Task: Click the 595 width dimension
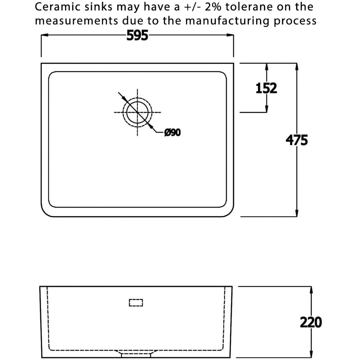click(x=137, y=36)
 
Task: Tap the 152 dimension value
click(x=266, y=88)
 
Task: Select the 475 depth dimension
click(x=297, y=140)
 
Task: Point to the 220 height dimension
click(x=311, y=322)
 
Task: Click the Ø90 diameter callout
click(x=172, y=132)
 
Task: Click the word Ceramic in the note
click(x=58, y=7)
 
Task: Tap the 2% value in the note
click(x=213, y=7)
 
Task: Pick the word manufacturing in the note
click(x=227, y=21)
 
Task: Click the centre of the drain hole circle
click(x=137, y=112)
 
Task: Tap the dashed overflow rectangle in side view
click(x=136, y=303)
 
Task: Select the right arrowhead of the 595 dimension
click(x=230, y=35)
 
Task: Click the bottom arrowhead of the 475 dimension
click(x=297, y=213)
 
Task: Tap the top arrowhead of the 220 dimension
click(x=311, y=290)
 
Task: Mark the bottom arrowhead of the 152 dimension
click(x=266, y=109)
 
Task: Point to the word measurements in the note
click(x=76, y=21)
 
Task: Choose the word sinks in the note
click(x=99, y=7)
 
